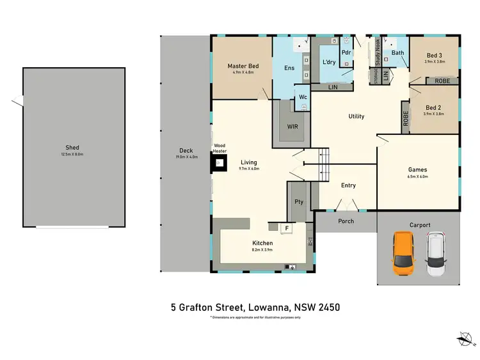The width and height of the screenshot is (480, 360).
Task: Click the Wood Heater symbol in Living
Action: [220, 164]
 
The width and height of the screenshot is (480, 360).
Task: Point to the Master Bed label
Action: [243, 66]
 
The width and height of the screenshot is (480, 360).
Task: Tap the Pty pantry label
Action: [298, 202]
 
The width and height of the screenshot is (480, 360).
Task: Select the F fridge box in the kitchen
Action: [287, 227]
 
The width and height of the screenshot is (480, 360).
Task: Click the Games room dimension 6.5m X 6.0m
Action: [417, 176]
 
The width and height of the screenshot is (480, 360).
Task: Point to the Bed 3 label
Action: [434, 56]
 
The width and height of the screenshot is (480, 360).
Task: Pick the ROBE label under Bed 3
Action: [442, 81]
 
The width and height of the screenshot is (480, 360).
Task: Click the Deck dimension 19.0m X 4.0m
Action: [186, 157]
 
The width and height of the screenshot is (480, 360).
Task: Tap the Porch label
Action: [346, 221]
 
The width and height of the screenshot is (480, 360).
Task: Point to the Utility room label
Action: [356, 116]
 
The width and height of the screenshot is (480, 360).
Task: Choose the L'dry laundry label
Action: [329, 61]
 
